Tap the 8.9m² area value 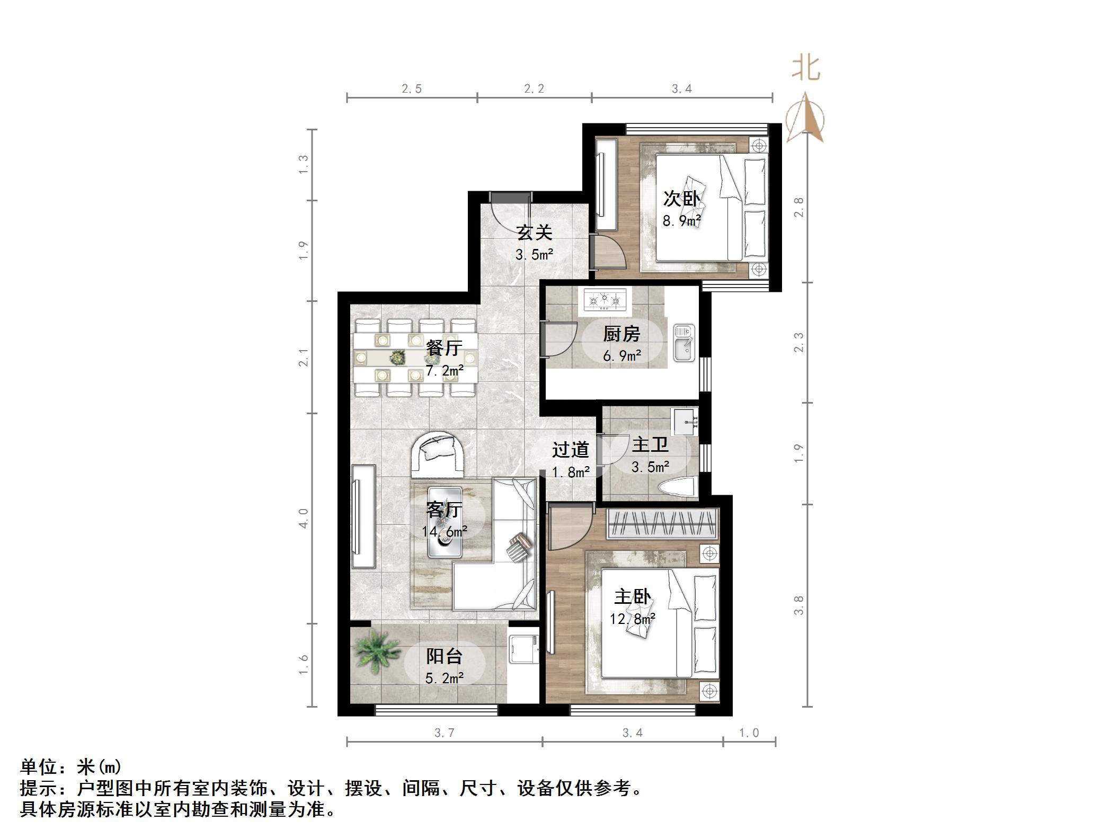tap(682, 220)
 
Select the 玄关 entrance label tap(535, 233)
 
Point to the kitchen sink tap(683, 343)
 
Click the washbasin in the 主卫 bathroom tap(685, 422)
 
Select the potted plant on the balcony tap(377, 650)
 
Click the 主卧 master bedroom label tap(632, 597)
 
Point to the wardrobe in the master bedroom tap(662, 523)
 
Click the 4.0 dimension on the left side tap(304, 518)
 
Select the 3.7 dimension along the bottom tap(444, 733)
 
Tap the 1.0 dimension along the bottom tap(749, 733)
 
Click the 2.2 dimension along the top tap(534, 89)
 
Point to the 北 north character tap(806, 69)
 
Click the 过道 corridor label tap(570, 450)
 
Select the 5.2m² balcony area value tap(445, 678)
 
